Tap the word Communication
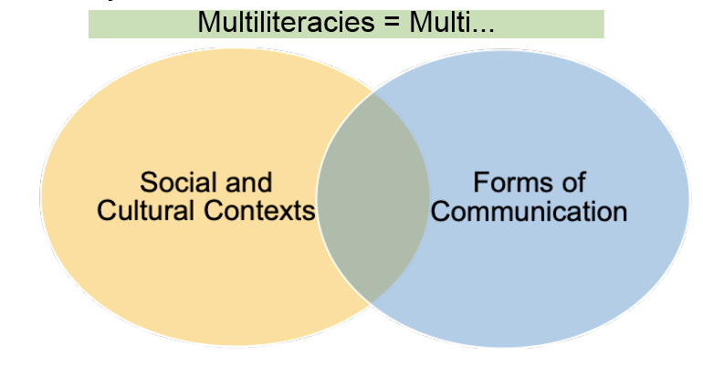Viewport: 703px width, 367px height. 530,212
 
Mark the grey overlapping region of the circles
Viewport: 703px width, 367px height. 372,196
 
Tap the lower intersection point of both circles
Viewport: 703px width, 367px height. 372,302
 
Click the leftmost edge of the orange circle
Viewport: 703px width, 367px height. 41,196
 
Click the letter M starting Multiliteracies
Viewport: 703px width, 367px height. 206,23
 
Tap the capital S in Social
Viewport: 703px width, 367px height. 147,181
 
